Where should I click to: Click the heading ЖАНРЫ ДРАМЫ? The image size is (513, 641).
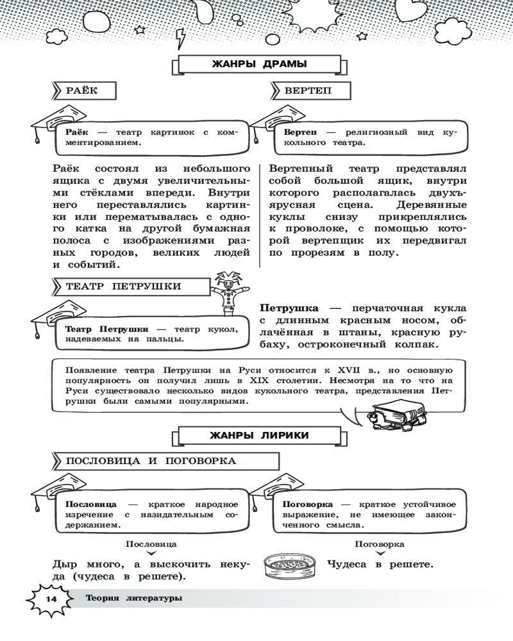pyautogui.click(x=258, y=64)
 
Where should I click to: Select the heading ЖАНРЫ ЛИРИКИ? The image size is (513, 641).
pyautogui.click(x=259, y=436)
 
